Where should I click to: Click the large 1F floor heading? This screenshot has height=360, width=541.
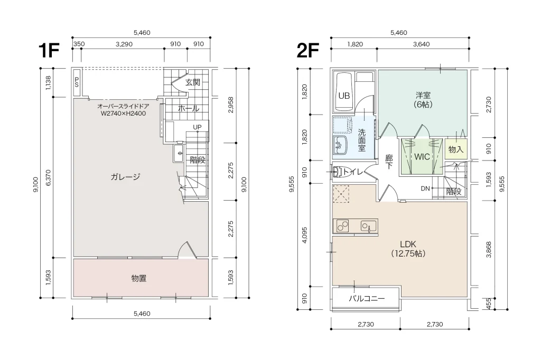(x=49, y=51)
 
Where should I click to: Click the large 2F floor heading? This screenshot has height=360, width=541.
(x=307, y=51)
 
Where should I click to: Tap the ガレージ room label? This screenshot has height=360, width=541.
(x=125, y=177)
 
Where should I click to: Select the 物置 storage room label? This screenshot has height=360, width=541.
(x=139, y=278)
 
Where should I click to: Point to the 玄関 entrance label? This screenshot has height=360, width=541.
(x=193, y=82)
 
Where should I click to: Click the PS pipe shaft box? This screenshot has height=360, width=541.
(x=77, y=82)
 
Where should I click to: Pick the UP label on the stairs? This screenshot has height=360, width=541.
(x=197, y=127)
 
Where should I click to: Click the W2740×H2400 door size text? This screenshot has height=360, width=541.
(x=123, y=113)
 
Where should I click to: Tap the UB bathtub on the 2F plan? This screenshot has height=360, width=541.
(x=344, y=91)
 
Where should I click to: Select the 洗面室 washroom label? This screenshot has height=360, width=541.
(x=361, y=140)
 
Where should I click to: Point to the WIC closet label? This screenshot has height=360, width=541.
(x=422, y=157)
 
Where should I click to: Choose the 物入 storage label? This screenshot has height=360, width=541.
(x=456, y=149)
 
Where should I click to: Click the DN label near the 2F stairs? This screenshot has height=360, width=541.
(x=425, y=188)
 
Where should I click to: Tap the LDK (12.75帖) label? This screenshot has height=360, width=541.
(x=408, y=249)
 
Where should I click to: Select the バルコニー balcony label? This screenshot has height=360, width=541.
(x=367, y=299)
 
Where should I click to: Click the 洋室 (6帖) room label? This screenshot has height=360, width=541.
(x=423, y=100)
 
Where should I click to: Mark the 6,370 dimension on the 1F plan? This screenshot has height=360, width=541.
(x=48, y=178)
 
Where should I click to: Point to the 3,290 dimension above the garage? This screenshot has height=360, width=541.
(x=124, y=44)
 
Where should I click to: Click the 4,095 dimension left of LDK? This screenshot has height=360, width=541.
(x=304, y=235)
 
